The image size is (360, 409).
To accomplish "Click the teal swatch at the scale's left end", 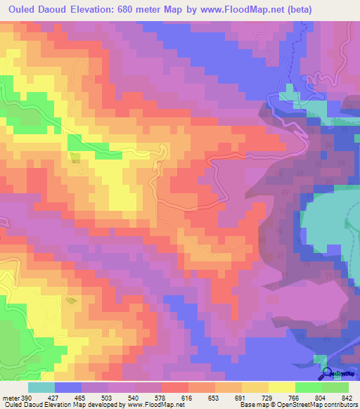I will (x=41, y=388).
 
